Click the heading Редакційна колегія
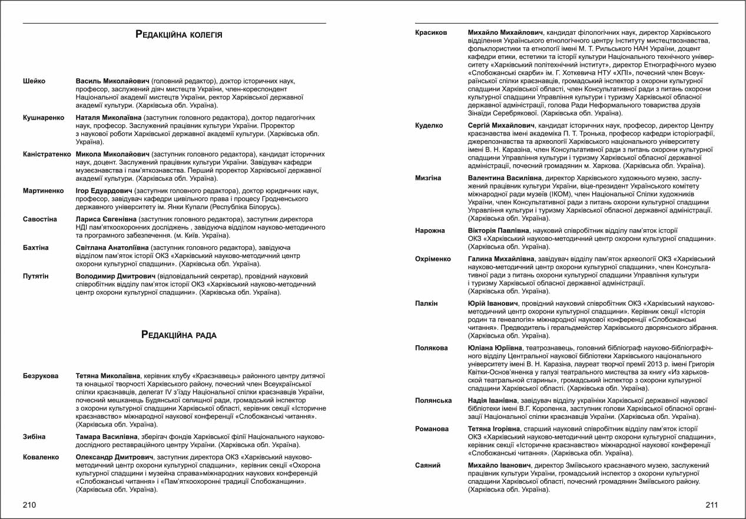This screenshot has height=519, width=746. (x=179, y=35)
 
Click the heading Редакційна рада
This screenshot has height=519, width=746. (x=179, y=335)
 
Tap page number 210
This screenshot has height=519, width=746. (x=29, y=505)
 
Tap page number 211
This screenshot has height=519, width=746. (x=711, y=505)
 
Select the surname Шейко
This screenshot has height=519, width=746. (x=34, y=81)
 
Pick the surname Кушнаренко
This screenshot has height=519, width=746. (x=43, y=118)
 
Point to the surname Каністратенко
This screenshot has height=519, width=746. (x=47, y=154)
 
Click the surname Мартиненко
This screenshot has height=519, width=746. (x=42, y=191)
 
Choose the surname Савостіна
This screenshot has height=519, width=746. (x=39, y=219)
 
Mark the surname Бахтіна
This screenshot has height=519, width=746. (x=35, y=248)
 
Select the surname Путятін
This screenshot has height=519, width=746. (x=35, y=276)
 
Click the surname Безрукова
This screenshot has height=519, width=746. (x=41, y=376)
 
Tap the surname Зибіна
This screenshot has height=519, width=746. (x=34, y=437)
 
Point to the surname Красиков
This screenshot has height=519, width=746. (x=431, y=32)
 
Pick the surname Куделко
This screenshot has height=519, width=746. (x=429, y=125)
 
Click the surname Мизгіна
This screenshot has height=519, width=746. (x=428, y=177)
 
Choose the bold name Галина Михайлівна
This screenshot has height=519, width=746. (x=501, y=259)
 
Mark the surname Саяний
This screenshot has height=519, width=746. (x=428, y=465)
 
